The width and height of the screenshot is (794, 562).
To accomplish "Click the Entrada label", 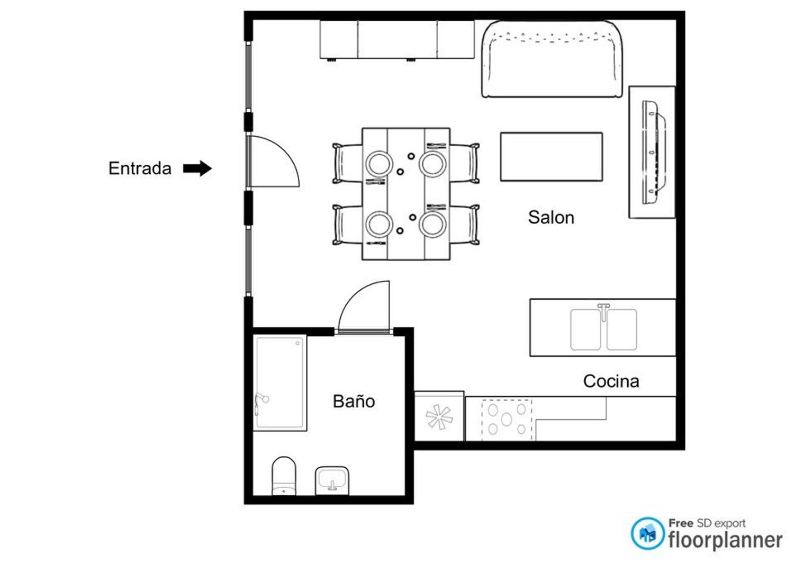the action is pyautogui.click(x=140, y=168).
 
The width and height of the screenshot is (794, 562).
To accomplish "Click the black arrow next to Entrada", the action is pyautogui.click(x=197, y=168).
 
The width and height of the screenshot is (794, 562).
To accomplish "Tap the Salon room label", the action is pyautogui.click(x=551, y=217).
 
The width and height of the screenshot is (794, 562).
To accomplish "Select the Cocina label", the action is pyautogui.click(x=611, y=381).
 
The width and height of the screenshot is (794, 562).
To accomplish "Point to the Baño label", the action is pyautogui.click(x=354, y=401).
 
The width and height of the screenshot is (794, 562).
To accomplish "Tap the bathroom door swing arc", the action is pyautogui.click(x=351, y=295).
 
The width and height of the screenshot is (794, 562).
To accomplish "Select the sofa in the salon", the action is pyautogui.click(x=552, y=59).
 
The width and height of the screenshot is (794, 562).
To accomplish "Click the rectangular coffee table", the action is pyautogui.click(x=551, y=157).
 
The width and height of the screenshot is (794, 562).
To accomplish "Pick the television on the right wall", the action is pyautogui.click(x=654, y=153).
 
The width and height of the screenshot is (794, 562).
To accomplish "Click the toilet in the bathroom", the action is pyautogui.click(x=284, y=476).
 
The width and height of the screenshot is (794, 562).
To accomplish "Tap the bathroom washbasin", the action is pyautogui.click(x=332, y=480).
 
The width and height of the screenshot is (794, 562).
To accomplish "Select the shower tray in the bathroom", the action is pyautogui.click(x=279, y=382).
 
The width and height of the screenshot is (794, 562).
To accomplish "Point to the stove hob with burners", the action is pyautogui.click(x=507, y=420).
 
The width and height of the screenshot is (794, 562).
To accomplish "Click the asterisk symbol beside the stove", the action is pyautogui.click(x=439, y=417).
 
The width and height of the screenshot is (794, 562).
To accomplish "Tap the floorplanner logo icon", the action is pyautogui.click(x=647, y=533).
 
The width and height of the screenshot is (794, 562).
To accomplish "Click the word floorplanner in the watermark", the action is pyautogui.click(x=725, y=541).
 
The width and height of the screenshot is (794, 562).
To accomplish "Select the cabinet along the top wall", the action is pyautogui.click(x=397, y=40).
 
